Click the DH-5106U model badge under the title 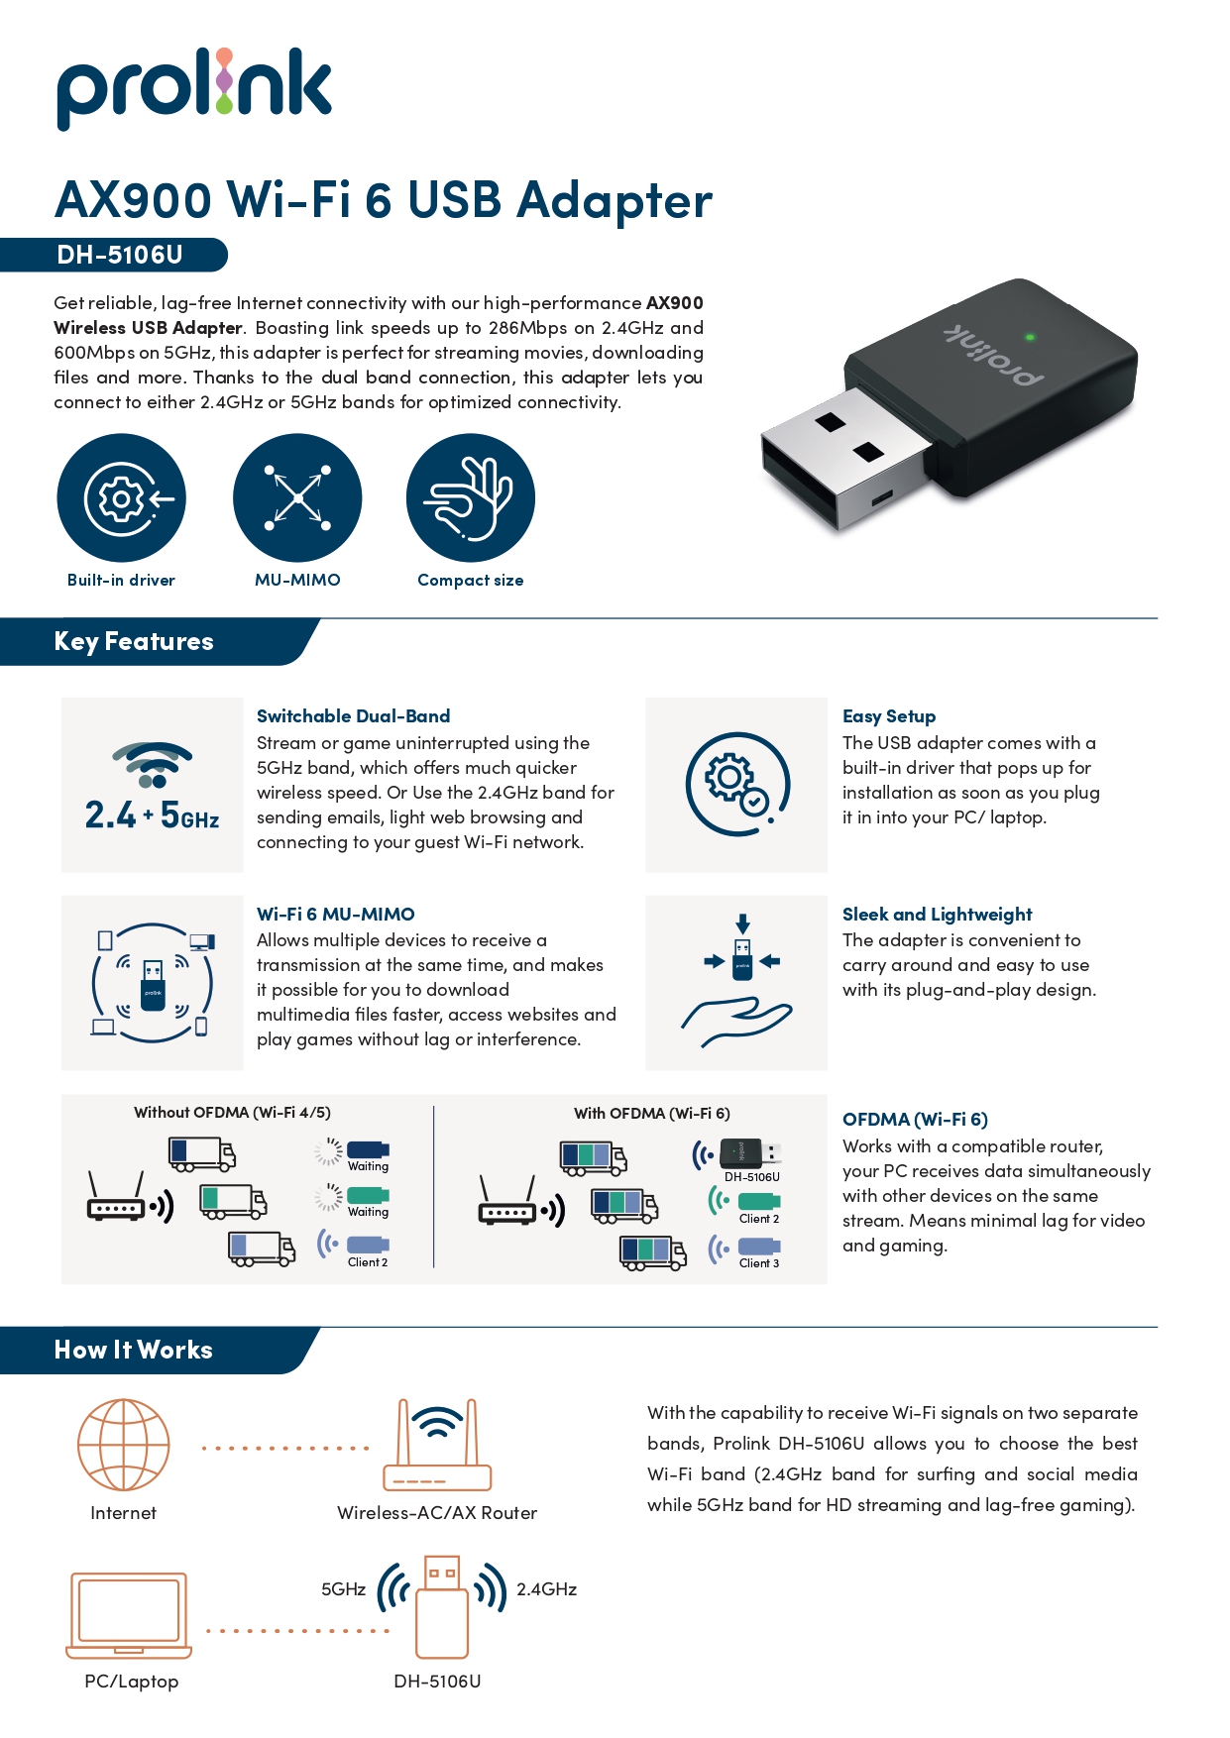[119, 255]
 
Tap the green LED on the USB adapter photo [1030, 337]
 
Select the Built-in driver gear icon [121, 497]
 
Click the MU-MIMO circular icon [297, 497]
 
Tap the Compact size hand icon [470, 497]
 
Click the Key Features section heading [134, 641]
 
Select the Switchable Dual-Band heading [353, 715]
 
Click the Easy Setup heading [888, 715]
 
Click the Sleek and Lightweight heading [937, 914]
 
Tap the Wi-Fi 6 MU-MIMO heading [335, 914]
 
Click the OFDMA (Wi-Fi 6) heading [915, 1119]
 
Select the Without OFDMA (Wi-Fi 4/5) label [232, 1113]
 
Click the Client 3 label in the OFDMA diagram [759, 1263]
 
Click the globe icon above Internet [124, 1445]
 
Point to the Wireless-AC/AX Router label [437, 1513]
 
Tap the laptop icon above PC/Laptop [129, 1614]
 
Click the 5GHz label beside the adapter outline [343, 1589]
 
